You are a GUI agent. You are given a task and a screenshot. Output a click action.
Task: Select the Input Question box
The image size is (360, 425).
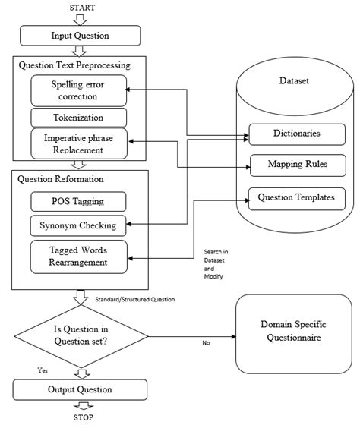click(80, 36)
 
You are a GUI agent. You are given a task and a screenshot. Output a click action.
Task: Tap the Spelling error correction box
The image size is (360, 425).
click(77, 90)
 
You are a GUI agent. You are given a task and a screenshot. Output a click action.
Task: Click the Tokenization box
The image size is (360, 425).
click(77, 117)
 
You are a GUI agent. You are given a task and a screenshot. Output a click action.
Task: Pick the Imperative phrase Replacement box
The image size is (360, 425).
click(77, 143)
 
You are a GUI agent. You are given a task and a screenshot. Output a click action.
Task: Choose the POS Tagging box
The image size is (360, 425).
click(77, 201)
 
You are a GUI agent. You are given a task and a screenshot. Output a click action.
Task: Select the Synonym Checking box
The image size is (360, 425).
click(77, 225)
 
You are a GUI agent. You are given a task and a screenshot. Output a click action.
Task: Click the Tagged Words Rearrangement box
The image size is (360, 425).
click(77, 255)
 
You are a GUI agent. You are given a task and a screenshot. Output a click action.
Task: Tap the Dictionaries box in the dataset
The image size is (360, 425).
click(297, 134)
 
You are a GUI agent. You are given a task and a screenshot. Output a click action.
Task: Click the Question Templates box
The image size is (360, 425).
click(297, 197)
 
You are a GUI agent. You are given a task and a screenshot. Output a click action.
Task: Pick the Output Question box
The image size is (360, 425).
click(80, 390)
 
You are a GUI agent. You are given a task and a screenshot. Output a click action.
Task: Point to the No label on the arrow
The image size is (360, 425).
click(205, 342)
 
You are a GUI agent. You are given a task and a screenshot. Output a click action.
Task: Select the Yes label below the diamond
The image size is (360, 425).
click(43, 370)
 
